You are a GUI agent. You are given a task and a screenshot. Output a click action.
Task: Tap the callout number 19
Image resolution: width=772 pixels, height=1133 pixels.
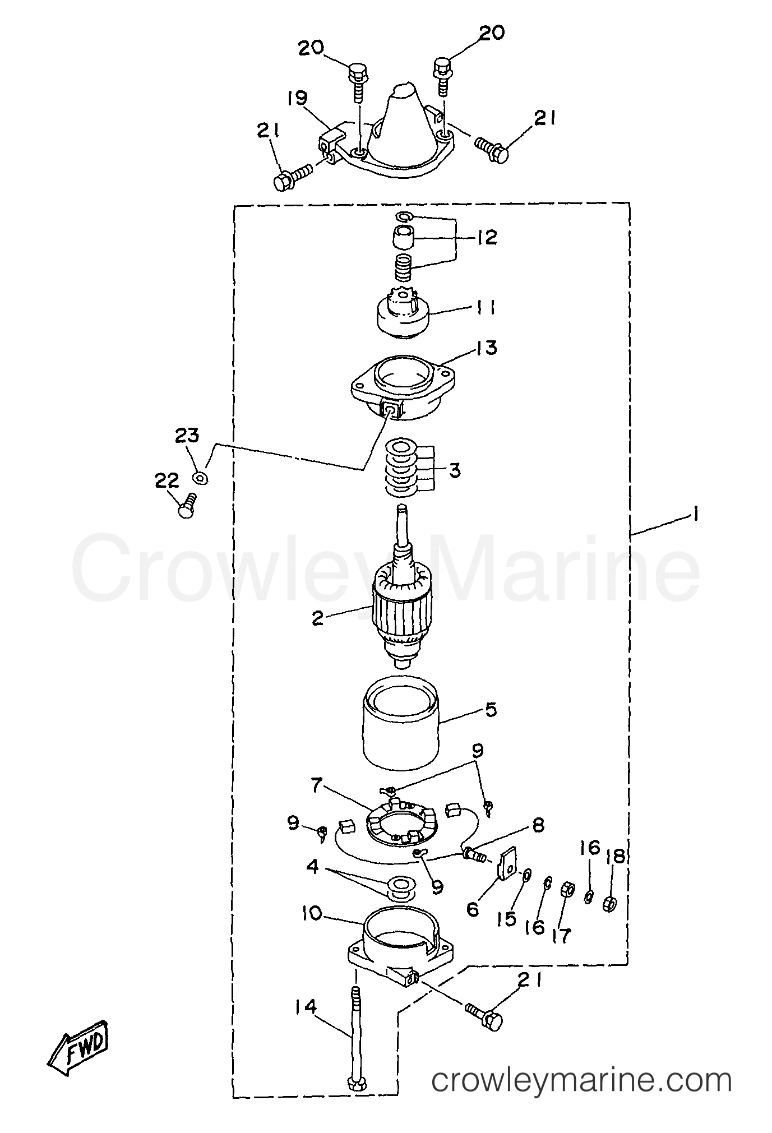click(x=298, y=100)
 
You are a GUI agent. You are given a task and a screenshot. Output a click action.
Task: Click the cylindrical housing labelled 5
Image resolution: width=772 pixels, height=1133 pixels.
click(x=401, y=726)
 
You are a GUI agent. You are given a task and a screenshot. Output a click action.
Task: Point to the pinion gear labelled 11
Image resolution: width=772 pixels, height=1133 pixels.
click(x=402, y=315)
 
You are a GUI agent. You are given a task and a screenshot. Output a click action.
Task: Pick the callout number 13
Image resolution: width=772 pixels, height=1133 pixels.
click(x=487, y=348)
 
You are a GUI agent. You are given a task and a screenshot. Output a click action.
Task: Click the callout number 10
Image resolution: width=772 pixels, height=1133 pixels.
click(x=312, y=914)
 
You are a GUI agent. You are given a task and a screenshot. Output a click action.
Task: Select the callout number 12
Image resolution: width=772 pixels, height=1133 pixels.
click(x=486, y=238)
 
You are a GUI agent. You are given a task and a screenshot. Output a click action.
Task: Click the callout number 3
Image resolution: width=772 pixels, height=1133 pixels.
click(x=455, y=470)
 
